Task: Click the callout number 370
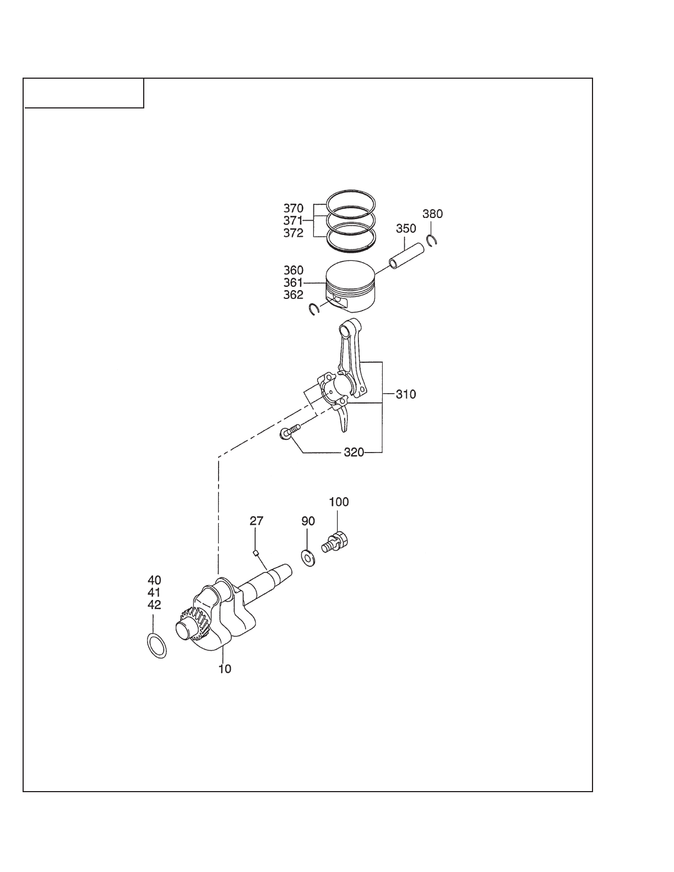293,208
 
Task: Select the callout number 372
293,233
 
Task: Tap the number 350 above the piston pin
406,228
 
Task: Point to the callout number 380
432,214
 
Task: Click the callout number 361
293,282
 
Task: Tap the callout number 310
406,394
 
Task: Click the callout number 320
354,453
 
